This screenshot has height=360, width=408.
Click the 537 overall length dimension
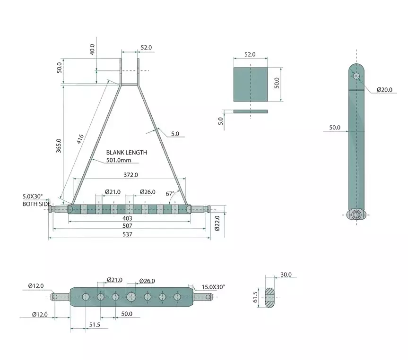click(128, 234)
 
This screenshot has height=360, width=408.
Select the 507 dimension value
click(128, 226)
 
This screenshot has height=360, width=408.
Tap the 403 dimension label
click(128, 218)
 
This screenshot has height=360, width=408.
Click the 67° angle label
click(170, 194)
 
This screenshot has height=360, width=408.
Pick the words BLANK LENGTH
click(126, 153)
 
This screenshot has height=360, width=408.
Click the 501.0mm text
click(118, 161)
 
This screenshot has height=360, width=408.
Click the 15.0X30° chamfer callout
click(213, 287)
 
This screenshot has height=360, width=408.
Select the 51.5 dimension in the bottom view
click(94, 325)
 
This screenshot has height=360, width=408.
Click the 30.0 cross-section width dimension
click(286, 275)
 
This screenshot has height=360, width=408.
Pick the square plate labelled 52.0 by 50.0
click(251, 84)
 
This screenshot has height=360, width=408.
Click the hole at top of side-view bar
click(356, 76)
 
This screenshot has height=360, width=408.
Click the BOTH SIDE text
click(36, 204)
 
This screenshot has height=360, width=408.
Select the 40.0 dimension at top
click(93, 49)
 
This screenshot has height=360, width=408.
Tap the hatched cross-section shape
click(270, 298)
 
